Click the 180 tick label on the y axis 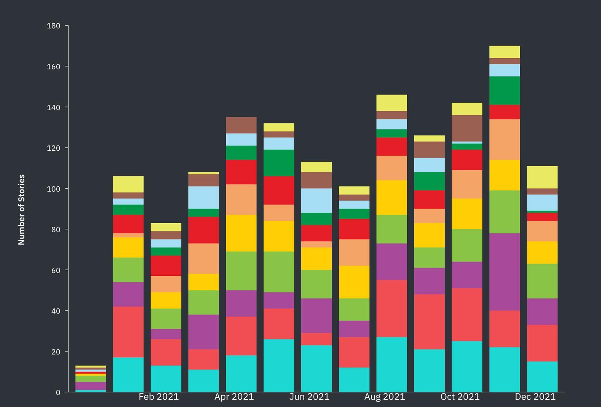53,26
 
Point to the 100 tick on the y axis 53,189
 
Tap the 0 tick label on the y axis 58,392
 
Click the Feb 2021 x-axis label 159,397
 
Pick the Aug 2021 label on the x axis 385,397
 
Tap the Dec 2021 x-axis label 535,397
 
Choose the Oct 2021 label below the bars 460,397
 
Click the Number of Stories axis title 21,210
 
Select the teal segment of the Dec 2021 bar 542,377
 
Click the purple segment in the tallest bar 504,272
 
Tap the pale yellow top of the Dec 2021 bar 542,177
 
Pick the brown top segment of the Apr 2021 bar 241,125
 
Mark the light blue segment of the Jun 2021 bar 316,201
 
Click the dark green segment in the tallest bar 504,91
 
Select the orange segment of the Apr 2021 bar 241,199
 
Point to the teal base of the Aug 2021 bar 391,365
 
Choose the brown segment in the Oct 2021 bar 467,128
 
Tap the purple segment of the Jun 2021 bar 316,315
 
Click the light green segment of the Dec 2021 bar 542,281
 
